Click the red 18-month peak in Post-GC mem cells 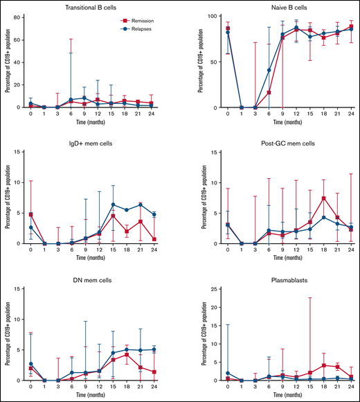pyautogui.click(x=323, y=198)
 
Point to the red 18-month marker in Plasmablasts pyautogui.click(x=323, y=365)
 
